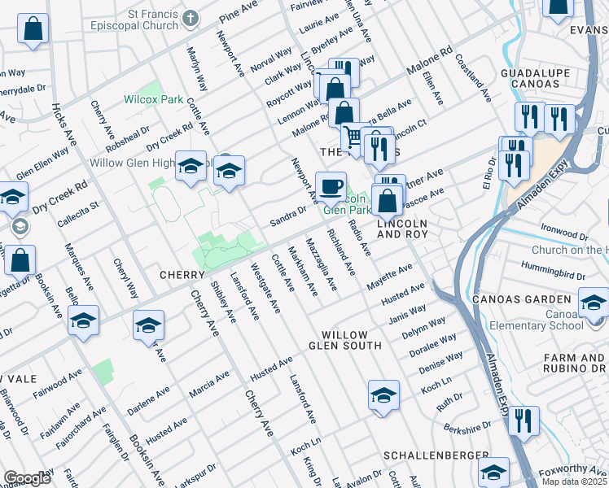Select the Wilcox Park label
click(x=153, y=99)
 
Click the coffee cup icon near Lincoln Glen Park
click(x=331, y=186)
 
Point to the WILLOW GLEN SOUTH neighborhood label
click(x=351, y=340)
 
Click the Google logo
click(x=27, y=478)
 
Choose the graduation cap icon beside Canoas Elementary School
click(x=594, y=303)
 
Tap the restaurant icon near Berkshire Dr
click(x=523, y=420)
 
